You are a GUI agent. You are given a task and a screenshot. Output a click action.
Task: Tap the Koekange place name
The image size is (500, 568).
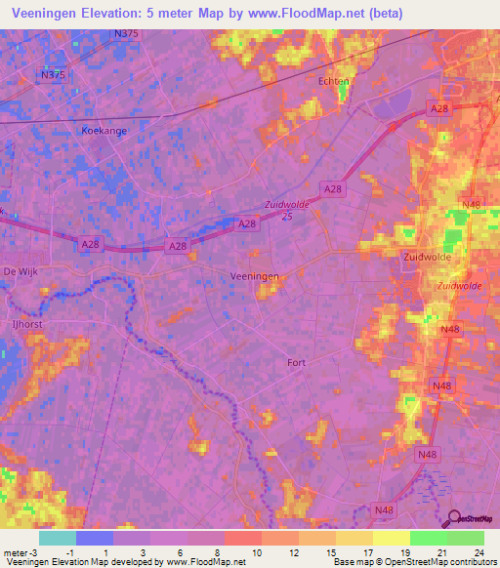point(104,130)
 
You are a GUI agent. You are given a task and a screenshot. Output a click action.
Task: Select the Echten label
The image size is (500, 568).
point(334,82)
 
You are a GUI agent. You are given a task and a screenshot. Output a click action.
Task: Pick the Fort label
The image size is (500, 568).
point(296,362)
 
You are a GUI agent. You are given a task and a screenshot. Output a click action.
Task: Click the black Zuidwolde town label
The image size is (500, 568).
point(427,257)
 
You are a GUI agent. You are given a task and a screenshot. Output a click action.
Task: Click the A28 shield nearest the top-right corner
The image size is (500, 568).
point(438,111)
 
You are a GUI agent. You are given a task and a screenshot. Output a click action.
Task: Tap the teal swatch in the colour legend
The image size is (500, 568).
point(58,538)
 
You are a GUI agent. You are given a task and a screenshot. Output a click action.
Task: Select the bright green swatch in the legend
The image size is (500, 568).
point(428,538)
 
